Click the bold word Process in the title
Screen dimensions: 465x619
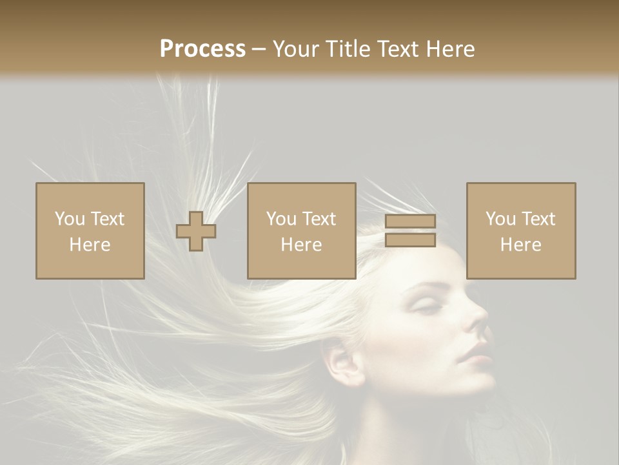pyautogui.click(x=202, y=49)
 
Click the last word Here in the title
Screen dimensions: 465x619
pyautogui.click(x=449, y=49)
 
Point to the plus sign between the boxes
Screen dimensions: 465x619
pyautogui.click(x=196, y=231)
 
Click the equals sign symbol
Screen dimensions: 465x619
pyautogui.click(x=410, y=231)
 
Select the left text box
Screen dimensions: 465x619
pyautogui.click(x=90, y=231)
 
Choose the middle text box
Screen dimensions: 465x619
pyautogui.click(x=302, y=231)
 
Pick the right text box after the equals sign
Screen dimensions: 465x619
pyautogui.click(x=521, y=231)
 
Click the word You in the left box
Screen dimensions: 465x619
pyautogui.click(x=70, y=219)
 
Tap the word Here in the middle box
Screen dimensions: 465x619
pyautogui.click(x=302, y=245)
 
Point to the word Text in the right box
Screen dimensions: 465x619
pyautogui.click(x=538, y=219)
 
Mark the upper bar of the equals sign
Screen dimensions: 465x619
pyautogui.click(x=410, y=222)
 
